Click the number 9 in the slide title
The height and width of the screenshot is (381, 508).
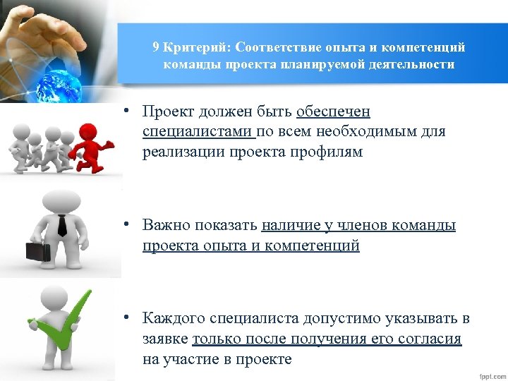click(155, 48)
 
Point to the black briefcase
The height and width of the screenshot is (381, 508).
click(37, 250)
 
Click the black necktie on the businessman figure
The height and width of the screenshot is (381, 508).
click(62, 225)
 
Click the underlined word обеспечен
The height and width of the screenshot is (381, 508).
click(333, 112)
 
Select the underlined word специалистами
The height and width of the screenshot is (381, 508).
click(197, 131)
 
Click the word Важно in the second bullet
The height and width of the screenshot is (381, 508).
click(164, 226)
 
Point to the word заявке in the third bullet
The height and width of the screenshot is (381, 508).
click(165, 339)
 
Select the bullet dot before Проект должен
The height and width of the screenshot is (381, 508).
click(124, 111)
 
